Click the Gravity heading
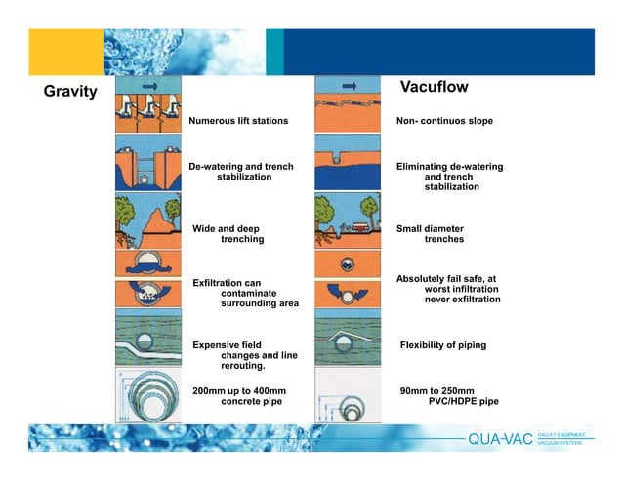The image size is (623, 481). point(70,92)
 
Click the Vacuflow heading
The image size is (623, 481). point(435,88)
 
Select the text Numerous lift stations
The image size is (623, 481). point(238,121)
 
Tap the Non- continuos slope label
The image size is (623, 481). point(444,121)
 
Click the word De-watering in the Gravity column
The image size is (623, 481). point(218,167)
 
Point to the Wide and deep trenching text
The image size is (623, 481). point(228,233)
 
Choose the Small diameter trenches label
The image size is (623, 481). point(430,233)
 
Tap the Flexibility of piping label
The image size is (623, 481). point(443,345)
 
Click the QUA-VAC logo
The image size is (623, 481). point(501,438)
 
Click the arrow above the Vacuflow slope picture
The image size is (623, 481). point(346,85)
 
